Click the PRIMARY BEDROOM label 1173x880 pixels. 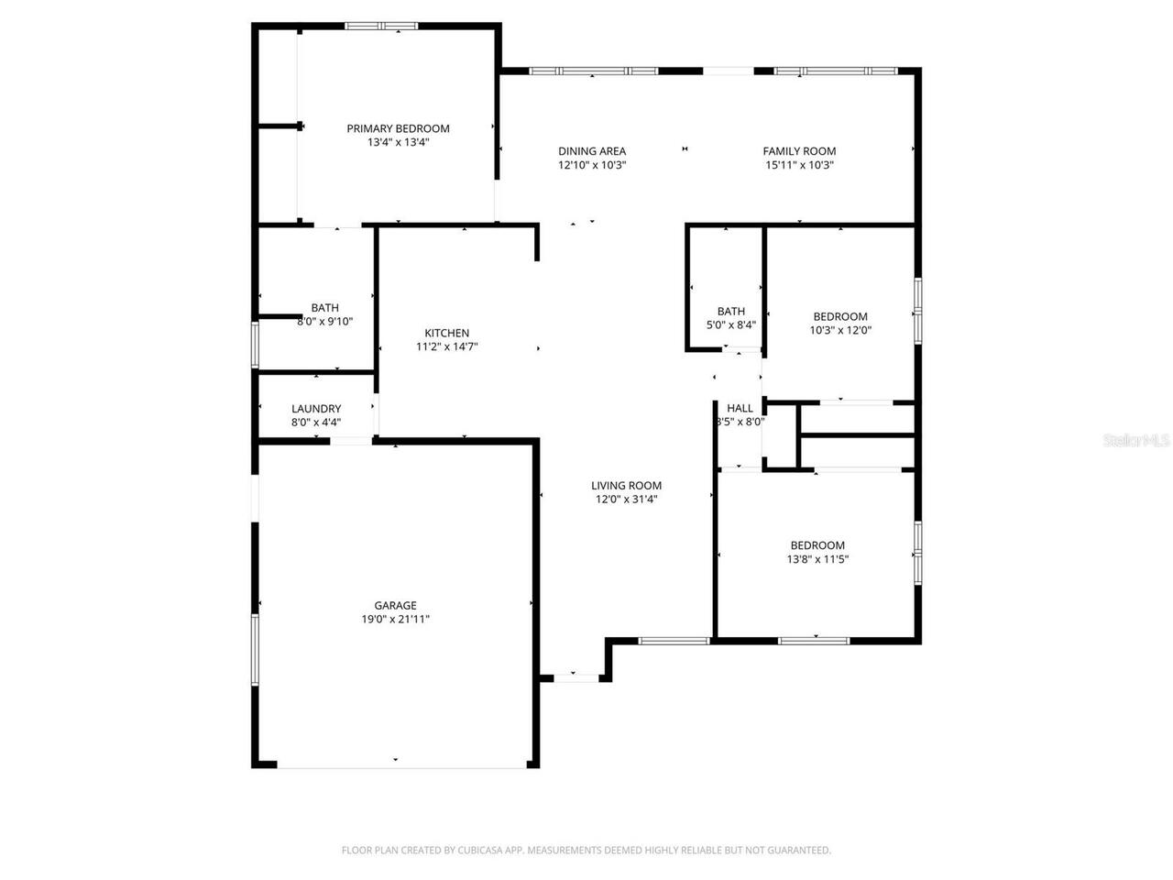[398, 128]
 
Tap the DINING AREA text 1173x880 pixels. [592, 151]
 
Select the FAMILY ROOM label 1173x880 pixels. [799, 151]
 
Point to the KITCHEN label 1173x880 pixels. [446, 333]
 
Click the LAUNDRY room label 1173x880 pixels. [316, 409]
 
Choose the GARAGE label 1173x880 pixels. [395, 605]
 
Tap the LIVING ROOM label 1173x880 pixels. [626, 486]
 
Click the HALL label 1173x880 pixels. [740, 408]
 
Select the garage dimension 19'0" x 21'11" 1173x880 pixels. [395, 620]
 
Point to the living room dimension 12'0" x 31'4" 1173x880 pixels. [626, 500]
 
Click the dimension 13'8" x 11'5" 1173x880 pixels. [817, 559]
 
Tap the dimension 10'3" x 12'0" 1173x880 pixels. [840, 330]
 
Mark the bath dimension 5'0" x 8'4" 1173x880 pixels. [730, 324]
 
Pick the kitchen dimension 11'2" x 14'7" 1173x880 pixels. [446, 346]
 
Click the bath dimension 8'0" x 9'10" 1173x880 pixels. [324, 322]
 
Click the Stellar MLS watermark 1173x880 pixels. [1136, 441]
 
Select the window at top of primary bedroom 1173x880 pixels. [381, 26]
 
